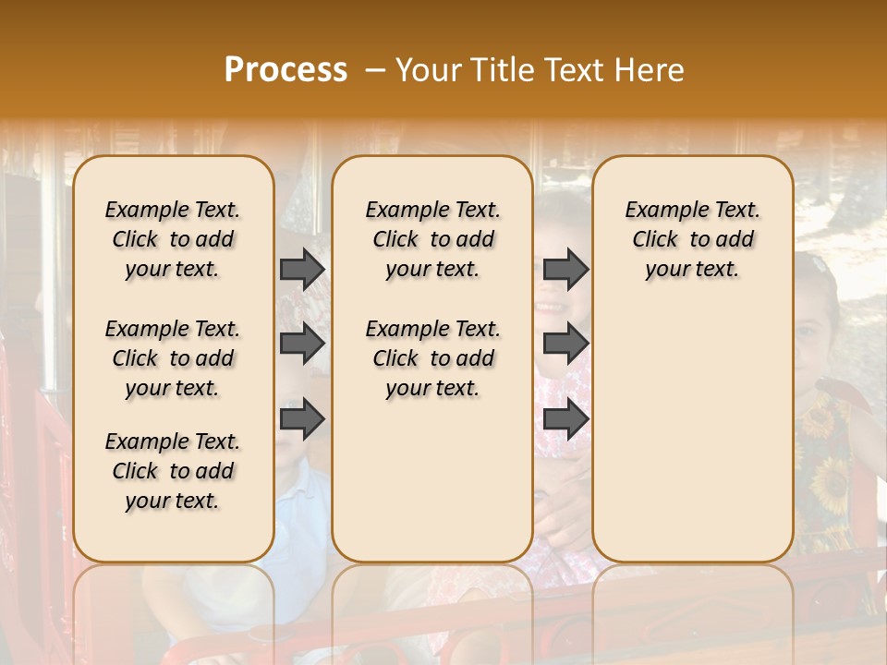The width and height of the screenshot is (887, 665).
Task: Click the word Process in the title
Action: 286,70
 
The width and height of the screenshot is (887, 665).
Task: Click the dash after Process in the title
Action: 374,70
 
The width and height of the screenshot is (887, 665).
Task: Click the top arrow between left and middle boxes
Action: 302,269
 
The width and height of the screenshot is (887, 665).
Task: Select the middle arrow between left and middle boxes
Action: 302,344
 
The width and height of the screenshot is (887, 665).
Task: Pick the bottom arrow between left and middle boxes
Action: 302,419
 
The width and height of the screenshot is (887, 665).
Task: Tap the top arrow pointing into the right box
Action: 565,269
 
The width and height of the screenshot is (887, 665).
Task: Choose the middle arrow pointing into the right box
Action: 565,344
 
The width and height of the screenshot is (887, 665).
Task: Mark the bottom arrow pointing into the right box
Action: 565,419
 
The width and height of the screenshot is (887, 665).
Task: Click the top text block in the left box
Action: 173,239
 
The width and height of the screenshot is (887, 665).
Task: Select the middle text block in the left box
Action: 173,358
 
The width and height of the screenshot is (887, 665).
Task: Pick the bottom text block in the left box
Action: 173,471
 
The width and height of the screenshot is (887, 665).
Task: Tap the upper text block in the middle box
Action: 432,239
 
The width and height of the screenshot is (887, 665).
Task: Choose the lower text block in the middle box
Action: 432,358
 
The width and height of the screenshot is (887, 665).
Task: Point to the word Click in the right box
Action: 655,240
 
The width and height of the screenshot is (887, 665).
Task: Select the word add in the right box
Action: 735,240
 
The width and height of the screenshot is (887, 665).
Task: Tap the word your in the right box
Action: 665,270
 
